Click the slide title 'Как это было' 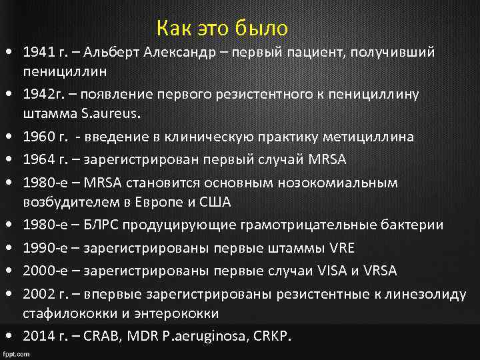click(222, 29)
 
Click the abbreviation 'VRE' click(342, 248)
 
